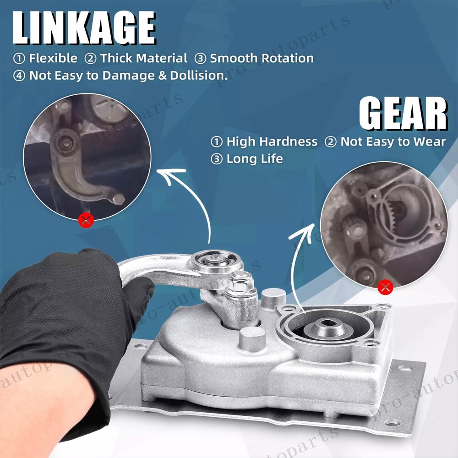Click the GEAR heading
[403, 114]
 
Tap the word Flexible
[53, 59]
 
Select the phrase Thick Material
[144, 59]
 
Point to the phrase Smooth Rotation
[262, 59]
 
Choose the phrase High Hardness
[272, 142]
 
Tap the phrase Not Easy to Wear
[393, 142]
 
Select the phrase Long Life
[255, 159]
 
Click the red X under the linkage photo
[86, 221]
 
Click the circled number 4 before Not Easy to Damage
[19, 76]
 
